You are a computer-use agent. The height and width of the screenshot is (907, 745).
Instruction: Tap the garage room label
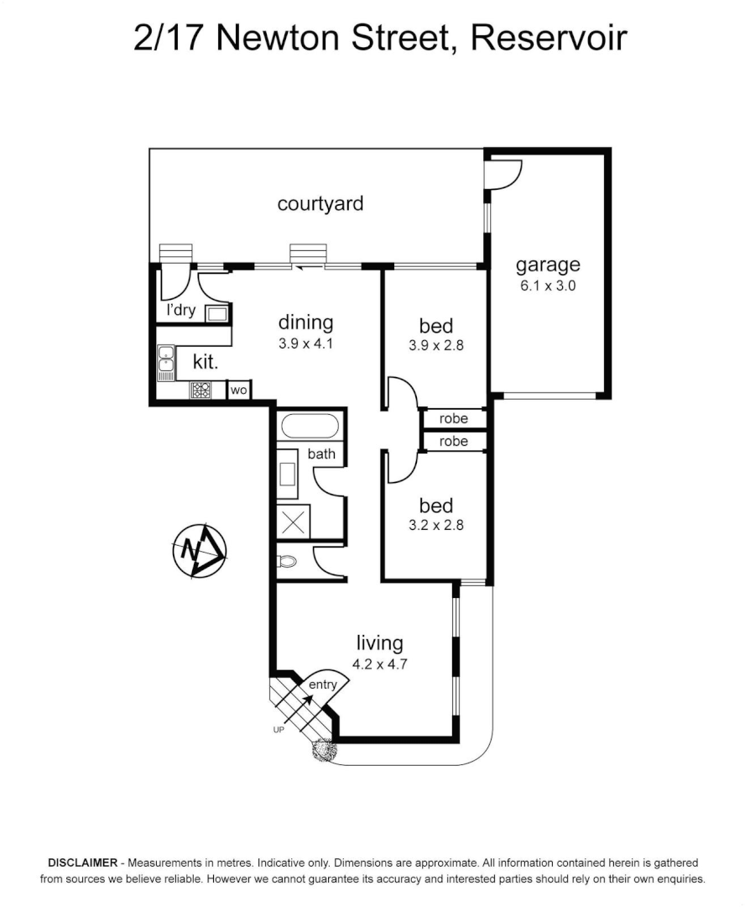click(547, 265)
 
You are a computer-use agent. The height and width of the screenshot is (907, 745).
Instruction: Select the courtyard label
click(320, 203)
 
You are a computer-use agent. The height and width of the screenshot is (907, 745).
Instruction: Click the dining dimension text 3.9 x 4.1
click(306, 343)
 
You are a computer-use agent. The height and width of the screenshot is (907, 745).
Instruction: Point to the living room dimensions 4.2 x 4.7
click(379, 663)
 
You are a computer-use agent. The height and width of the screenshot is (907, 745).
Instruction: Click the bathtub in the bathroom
click(310, 426)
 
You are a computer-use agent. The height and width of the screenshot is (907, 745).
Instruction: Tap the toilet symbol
click(287, 562)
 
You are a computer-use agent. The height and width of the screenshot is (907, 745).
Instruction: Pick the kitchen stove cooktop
click(201, 390)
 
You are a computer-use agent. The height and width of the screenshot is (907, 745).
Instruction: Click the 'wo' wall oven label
click(238, 390)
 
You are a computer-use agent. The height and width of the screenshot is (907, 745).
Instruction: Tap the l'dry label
click(181, 310)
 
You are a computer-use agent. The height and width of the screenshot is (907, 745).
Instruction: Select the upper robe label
click(454, 418)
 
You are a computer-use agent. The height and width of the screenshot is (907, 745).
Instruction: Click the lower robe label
click(454, 441)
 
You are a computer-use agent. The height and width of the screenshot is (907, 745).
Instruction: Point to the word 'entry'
click(323, 684)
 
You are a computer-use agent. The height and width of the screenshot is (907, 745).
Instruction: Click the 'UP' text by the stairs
click(279, 730)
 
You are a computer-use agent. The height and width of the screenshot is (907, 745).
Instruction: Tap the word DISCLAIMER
click(83, 862)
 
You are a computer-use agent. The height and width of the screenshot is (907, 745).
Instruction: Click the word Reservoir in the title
click(549, 38)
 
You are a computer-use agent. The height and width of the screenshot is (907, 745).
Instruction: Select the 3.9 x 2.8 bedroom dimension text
click(436, 345)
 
